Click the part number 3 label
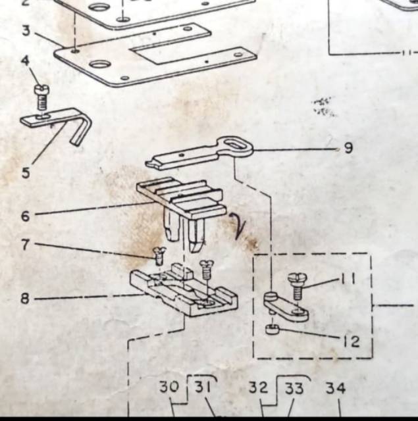(26, 31)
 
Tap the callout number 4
(25, 61)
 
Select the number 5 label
(26, 173)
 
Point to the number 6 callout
(25, 216)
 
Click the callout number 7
(25, 245)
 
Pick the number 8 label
(25, 298)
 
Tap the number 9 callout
(348, 148)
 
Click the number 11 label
(348, 279)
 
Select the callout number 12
(352, 341)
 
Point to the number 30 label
(169, 387)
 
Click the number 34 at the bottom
(336, 389)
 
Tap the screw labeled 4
(41, 97)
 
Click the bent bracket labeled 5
(56, 124)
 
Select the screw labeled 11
(297, 286)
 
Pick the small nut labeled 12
(273, 329)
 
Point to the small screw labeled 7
(159, 255)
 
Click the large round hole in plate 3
(100, 64)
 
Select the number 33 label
(294, 389)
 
